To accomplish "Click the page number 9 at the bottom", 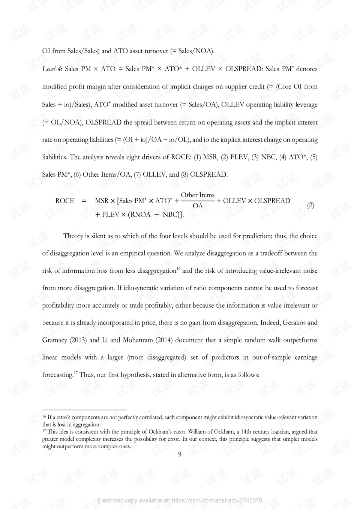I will pyautogui.click(x=180, y=454).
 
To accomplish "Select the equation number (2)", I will pyautogui.click(x=310, y=205).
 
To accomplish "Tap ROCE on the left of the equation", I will pyautogui.click(x=65, y=201).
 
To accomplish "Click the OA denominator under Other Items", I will pyautogui.click(x=198, y=206).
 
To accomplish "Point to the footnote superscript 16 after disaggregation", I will pyautogui.click(x=178, y=269).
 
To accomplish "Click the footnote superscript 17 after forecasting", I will pyautogui.click(x=75, y=372).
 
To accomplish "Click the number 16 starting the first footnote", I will pyautogui.click(x=44, y=416).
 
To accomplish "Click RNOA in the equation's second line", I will pyautogui.click(x=140, y=215).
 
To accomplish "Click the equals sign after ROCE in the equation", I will pyautogui.click(x=84, y=201).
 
